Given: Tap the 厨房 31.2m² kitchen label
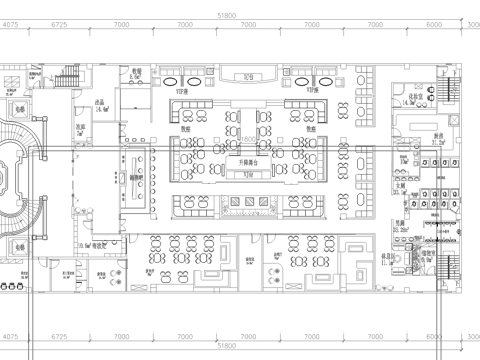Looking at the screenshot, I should click(x=437, y=139).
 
